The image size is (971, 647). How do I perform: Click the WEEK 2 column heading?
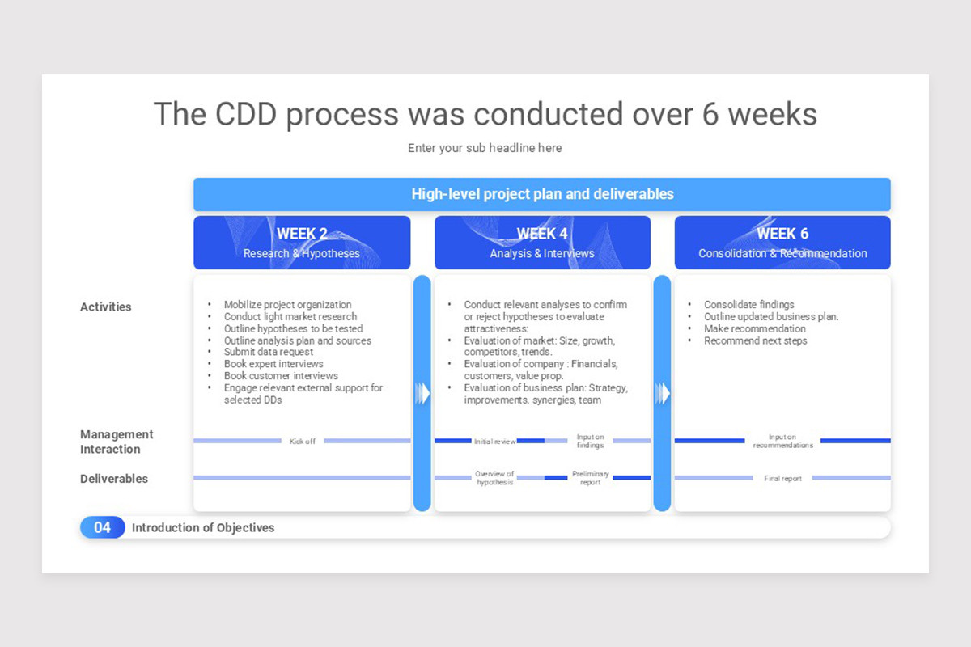[x=302, y=234]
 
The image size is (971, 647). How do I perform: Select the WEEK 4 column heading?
[x=542, y=234]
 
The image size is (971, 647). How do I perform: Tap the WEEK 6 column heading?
[x=782, y=234]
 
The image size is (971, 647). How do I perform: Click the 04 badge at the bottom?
[x=102, y=527]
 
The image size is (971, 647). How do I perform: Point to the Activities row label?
[x=105, y=307]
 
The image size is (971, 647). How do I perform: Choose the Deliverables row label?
[x=114, y=479]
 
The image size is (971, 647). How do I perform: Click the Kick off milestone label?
[x=302, y=441]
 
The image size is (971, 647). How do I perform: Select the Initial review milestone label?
[x=494, y=441]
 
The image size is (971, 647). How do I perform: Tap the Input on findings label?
[x=590, y=441]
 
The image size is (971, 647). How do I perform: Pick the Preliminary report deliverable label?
[x=591, y=477]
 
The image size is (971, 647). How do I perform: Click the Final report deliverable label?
[x=782, y=478]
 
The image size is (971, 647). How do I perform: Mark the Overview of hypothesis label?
[x=494, y=477]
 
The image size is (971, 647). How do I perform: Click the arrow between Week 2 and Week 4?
[x=422, y=394]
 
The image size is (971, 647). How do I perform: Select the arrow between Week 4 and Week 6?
[x=663, y=394]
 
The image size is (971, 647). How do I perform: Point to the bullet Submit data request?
[x=269, y=352]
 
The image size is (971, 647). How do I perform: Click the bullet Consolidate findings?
[x=749, y=304]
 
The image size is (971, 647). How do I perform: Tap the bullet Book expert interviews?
[x=273, y=364]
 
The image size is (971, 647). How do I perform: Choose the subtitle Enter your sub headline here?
[x=485, y=148]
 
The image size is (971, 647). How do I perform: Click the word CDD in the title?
[x=246, y=114]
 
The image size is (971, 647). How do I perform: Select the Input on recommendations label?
[x=782, y=441]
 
